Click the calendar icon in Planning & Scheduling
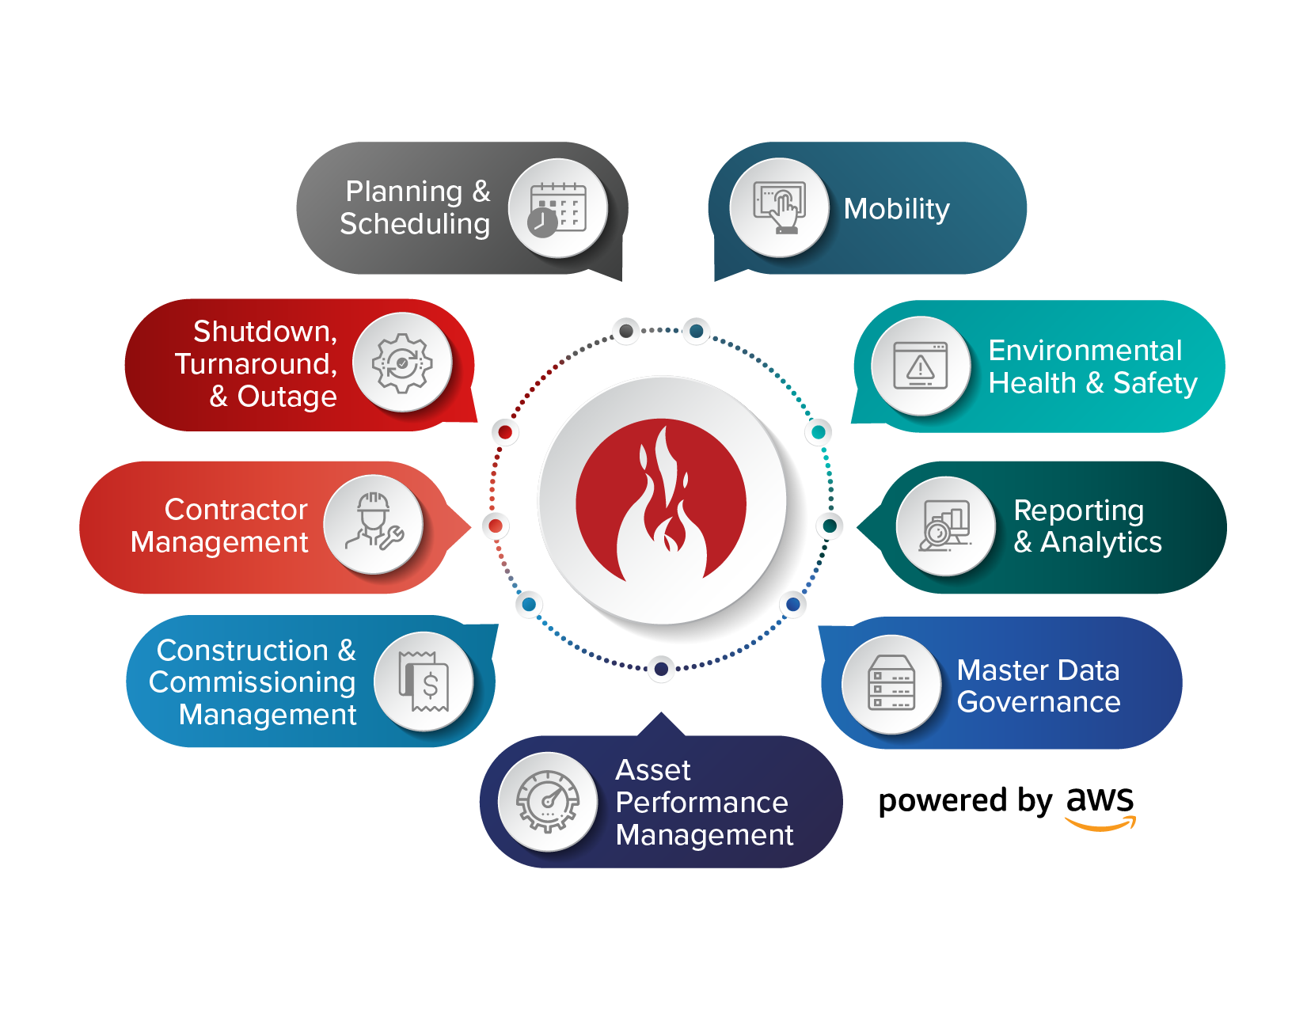[x=557, y=208]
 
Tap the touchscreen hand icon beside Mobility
[x=779, y=208]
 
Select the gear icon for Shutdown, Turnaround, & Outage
[x=402, y=363]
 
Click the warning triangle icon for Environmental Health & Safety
[x=921, y=366]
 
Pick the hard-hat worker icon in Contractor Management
[x=374, y=525]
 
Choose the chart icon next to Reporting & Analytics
[x=945, y=526]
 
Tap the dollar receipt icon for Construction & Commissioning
[x=424, y=682]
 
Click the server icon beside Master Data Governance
[x=891, y=684]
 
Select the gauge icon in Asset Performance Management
[x=547, y=801]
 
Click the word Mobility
[x=896, y=209]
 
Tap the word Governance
[x=1038, y=702]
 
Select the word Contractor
[x=235, y=510]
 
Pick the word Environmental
[x=1085, y=351]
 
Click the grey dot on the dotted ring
[x=626, y=331]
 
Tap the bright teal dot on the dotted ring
[x=819, y=431]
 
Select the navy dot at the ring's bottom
[x=661, y=669]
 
